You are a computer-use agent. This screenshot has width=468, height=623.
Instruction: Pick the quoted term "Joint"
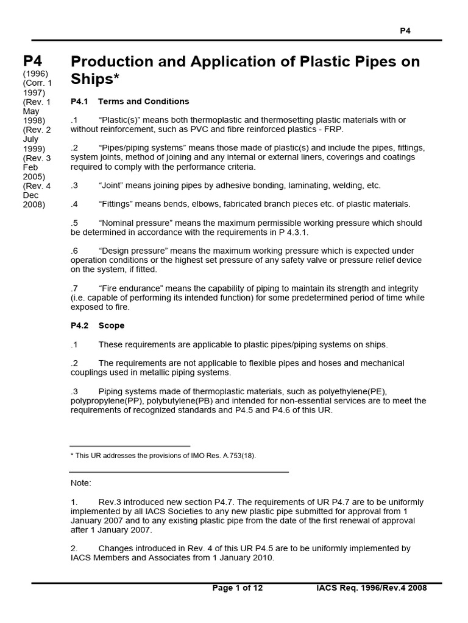(x=113, y=185)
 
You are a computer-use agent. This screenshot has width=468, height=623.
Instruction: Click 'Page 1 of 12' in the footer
(x=238, y=588)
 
